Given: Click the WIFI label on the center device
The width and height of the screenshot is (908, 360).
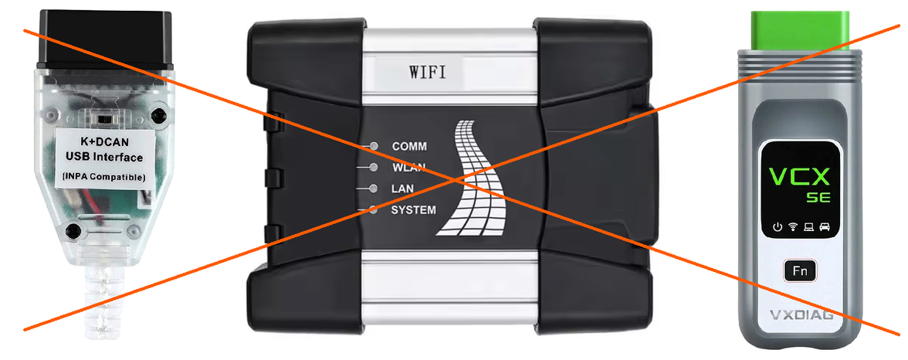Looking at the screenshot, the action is click(x=428, y=73).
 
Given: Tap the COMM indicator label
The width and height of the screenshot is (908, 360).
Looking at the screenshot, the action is click(x=409, y=146).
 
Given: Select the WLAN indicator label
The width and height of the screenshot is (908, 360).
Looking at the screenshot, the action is click(x=409, y=168).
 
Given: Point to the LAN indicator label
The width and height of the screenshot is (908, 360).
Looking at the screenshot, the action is click(x=402, y=188).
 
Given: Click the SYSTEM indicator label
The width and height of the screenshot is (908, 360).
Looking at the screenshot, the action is click(x=414, y=210).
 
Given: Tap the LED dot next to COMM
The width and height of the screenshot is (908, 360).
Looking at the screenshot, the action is click(x=374, y=146).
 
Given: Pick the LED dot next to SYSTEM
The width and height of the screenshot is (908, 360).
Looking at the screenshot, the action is click(x=374, y=210).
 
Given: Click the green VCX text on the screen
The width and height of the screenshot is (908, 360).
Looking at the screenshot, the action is click(x=798, y=176).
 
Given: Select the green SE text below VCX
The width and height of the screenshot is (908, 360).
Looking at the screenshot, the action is click(x=818, y=198).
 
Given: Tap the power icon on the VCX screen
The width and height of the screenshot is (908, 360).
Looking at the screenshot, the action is click(x=778, y=226).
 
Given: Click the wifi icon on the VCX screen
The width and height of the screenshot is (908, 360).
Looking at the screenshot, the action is click(x=793, y=226).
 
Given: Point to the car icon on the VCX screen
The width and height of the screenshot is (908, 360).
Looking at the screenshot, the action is click(x=825, y=226).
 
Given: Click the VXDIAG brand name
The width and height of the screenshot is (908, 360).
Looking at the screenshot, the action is click(x=801, y=315).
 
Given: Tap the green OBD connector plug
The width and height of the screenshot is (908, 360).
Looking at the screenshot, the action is click(x=799, y=30).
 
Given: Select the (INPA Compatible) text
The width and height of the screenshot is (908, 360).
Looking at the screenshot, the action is click(x=103, y=176).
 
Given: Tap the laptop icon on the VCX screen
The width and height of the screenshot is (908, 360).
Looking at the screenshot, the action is click(x=809, y=226).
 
